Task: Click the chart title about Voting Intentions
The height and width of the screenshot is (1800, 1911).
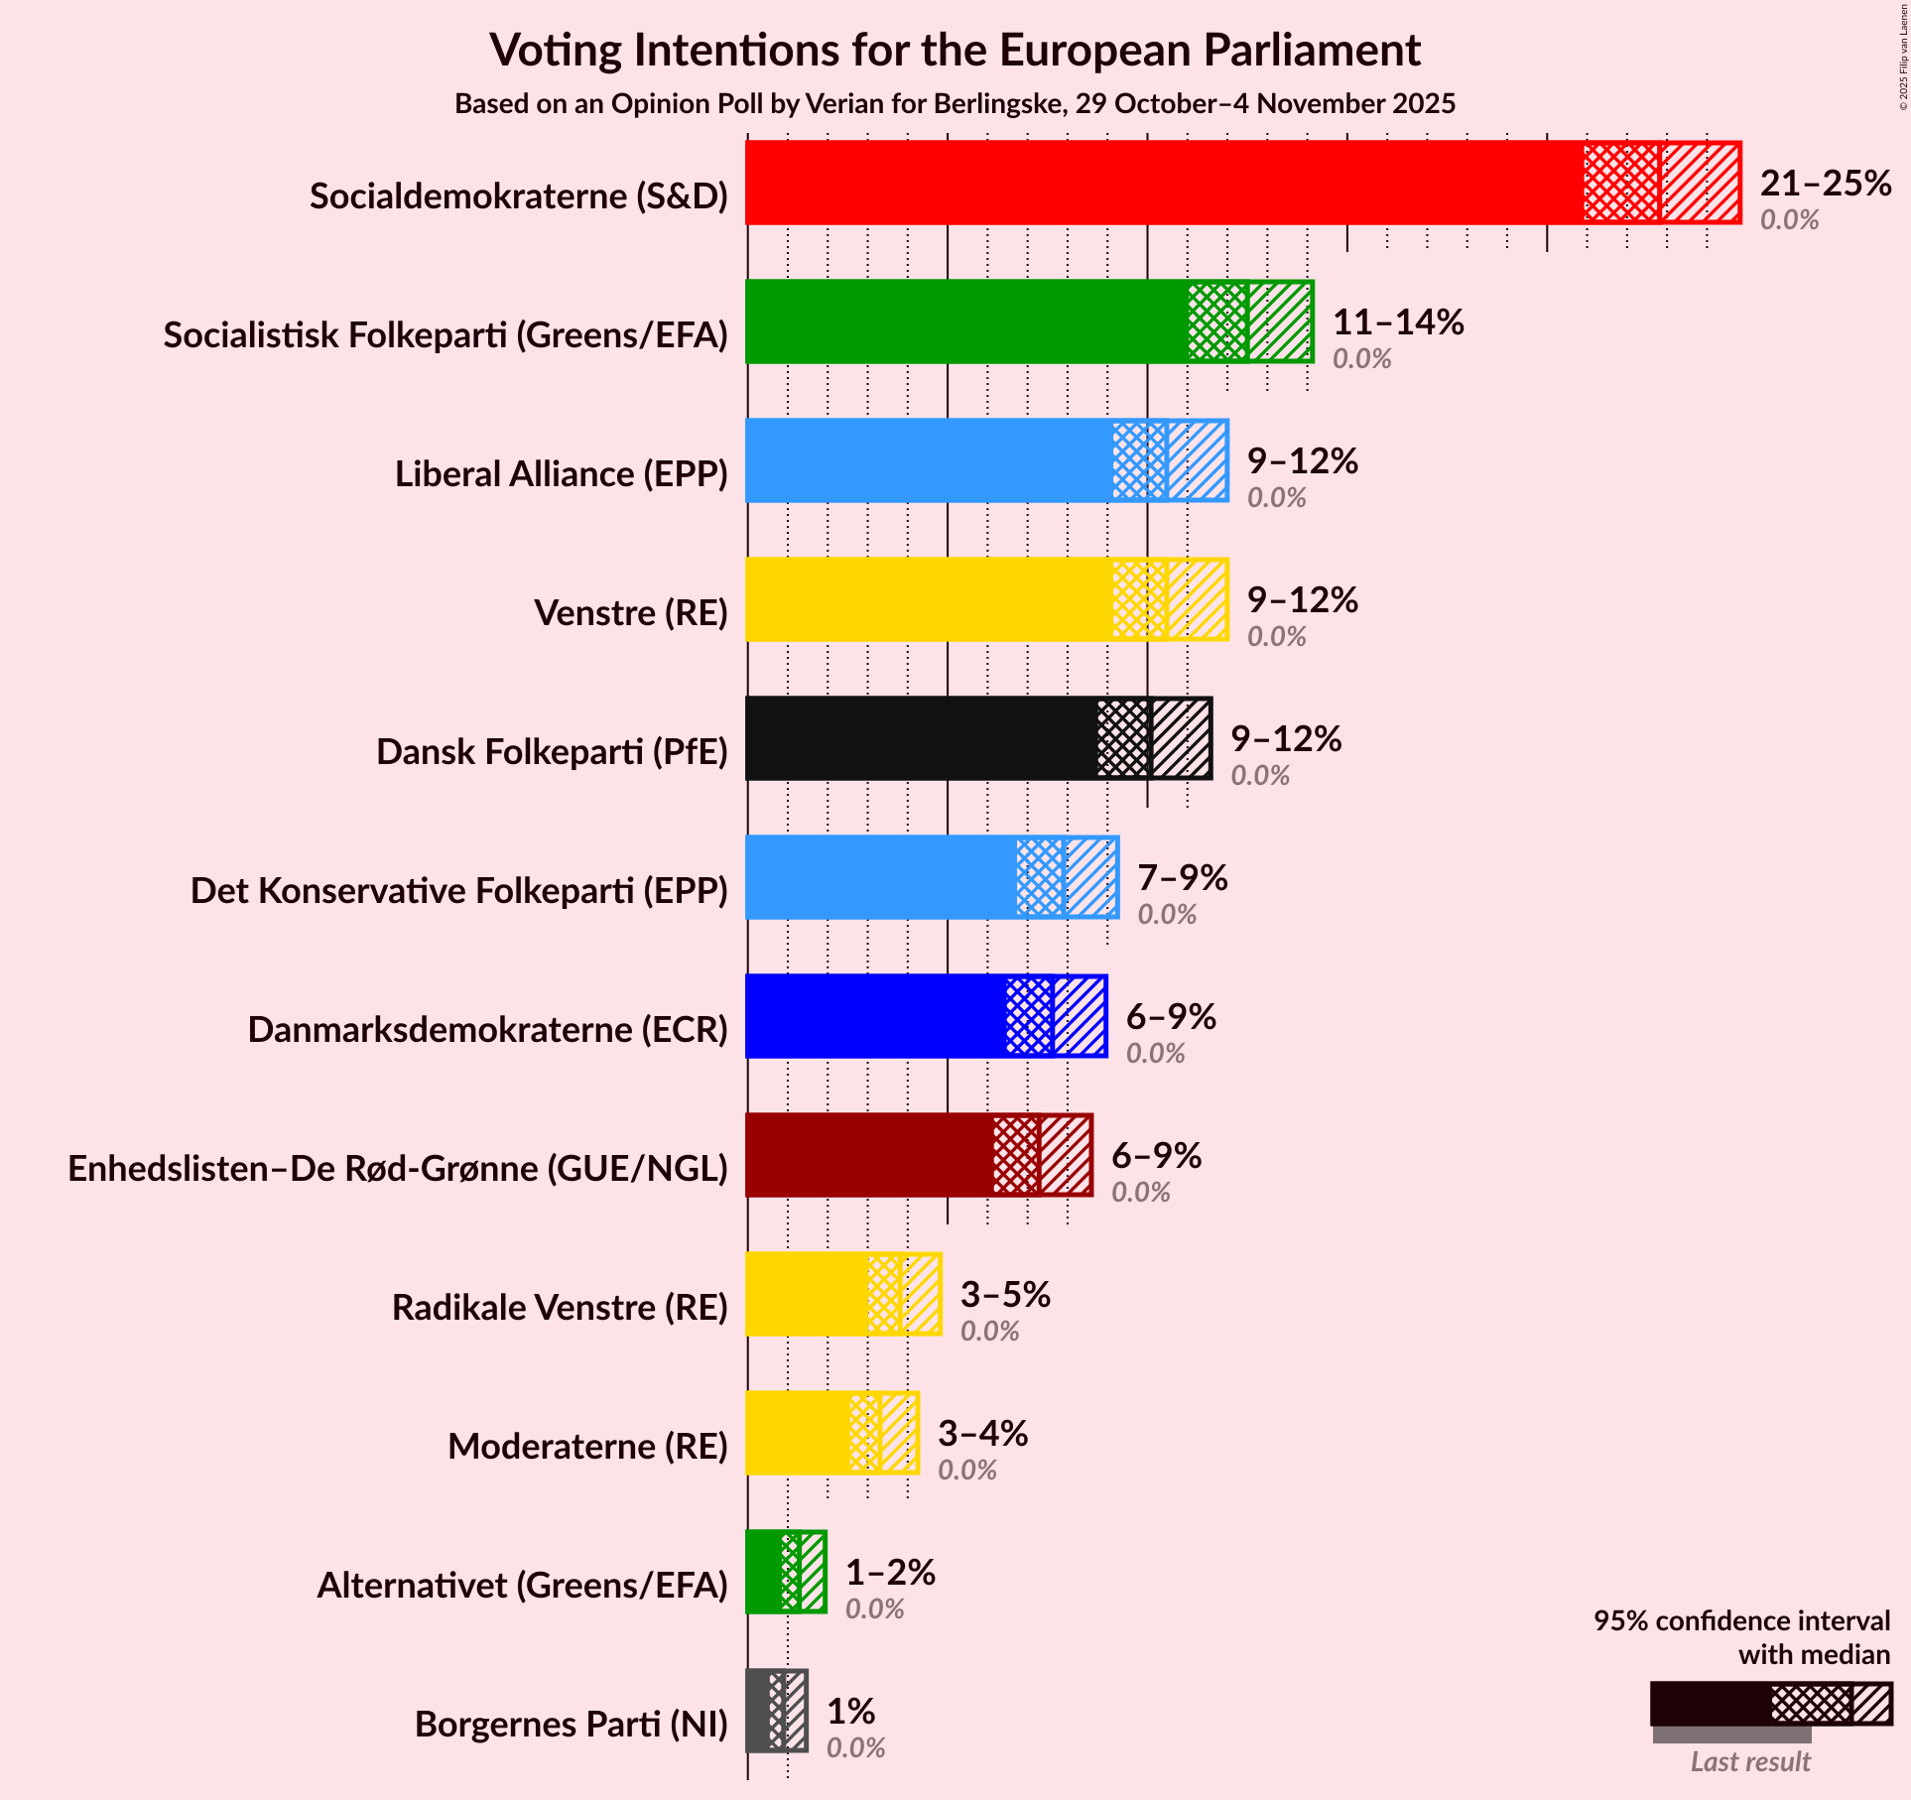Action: point(955,51)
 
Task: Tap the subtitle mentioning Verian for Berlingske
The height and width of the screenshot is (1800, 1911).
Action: point(955,104)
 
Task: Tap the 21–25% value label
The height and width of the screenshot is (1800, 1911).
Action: point(1826,184)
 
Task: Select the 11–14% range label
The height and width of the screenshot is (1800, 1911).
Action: point(1398,322)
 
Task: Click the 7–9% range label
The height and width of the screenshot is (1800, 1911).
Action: point(1182,878)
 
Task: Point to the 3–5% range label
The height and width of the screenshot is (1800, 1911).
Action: point(1005,1295)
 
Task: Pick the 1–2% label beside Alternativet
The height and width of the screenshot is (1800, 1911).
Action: point(890,1573)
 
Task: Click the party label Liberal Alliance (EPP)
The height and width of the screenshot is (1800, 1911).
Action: point(562,474)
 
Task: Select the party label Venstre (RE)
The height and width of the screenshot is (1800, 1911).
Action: point(631,613)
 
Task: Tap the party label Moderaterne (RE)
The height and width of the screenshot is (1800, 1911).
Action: point(587,1447)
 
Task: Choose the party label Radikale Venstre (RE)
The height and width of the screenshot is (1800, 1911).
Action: point(560,1308)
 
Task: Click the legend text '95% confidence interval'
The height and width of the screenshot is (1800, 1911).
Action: point(1741,1621)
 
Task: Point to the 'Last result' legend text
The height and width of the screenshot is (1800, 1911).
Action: point(1750,1761)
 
